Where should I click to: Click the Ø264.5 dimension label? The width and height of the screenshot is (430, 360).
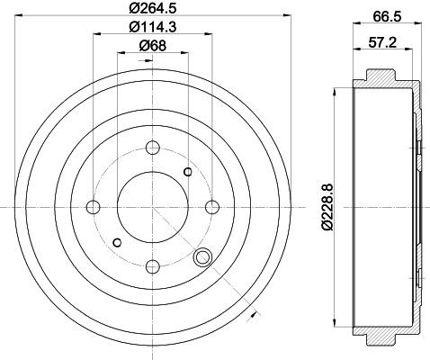click(x=152, y=10)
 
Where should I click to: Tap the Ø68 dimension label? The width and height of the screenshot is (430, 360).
click(x=152, y=48)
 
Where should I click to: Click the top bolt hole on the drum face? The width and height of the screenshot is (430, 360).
click(x=152, y=147)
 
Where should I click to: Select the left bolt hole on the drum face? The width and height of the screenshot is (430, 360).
click(x=94, y=205)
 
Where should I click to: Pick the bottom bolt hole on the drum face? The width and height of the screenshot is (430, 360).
click(x=152, y=264)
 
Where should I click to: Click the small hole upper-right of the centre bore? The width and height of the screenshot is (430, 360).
click(x=187, y=172)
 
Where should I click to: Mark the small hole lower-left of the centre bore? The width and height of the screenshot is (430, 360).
click(x=117, y=240)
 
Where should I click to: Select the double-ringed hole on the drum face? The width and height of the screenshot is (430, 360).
click(x=202, y=258)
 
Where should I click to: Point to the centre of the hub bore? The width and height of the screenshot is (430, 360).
click(x=152, y=205)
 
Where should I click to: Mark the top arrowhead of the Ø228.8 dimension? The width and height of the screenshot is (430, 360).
click(x=335, y=90)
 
